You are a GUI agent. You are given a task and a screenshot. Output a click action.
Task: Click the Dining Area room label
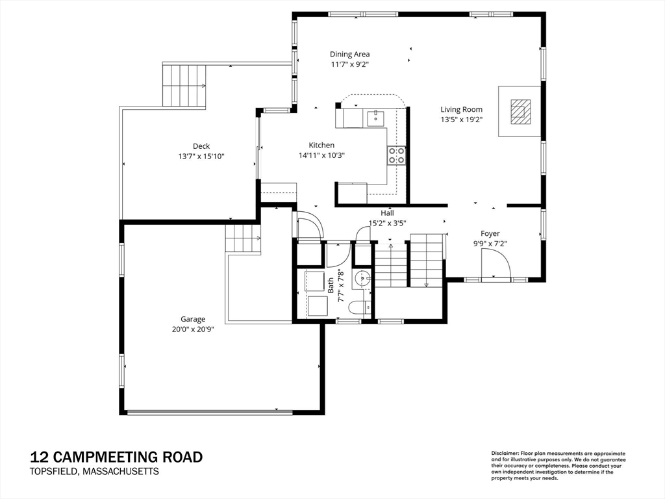(350, 55)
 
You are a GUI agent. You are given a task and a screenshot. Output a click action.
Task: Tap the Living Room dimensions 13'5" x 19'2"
(462, 120)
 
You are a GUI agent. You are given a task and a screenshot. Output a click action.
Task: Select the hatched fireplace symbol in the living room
(520, 112)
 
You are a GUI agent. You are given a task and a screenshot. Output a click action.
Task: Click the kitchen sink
(375, 119)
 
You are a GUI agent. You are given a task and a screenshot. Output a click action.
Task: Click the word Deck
(201, 146)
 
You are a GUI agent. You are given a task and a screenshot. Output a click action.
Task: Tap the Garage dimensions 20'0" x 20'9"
(193, 329)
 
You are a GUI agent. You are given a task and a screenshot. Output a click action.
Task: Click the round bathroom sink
(362, 278)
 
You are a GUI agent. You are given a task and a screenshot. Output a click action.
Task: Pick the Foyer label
(490, 233)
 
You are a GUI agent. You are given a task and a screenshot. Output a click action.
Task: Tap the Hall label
(387, 213)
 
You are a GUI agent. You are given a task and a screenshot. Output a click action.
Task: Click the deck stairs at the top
(184, 86)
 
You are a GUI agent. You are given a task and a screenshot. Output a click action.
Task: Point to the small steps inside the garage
(243, 238)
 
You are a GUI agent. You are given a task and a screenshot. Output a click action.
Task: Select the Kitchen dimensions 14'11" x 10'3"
(321, 155)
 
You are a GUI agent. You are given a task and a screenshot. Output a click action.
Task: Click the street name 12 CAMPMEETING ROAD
(116, 457)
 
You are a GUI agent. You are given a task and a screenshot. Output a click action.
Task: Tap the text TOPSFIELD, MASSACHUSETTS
(94, 472)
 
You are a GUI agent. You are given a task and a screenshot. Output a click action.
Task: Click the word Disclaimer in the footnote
(505, 454)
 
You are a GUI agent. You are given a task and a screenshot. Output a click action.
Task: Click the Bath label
(331, 286)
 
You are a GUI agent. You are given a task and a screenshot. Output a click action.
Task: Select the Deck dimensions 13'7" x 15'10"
(201, 157)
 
